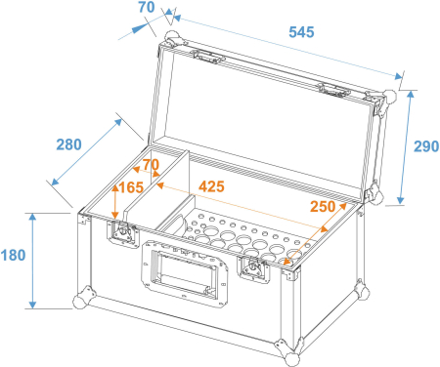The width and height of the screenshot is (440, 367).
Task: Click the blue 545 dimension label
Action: tap(300, 32)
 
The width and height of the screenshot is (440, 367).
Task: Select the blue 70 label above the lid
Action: tap(147, 9)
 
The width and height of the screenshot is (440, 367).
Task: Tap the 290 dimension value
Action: tap(425, 147)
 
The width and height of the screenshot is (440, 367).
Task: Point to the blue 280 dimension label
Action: tap(68, 145)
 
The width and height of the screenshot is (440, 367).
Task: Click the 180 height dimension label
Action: tap(14, 256)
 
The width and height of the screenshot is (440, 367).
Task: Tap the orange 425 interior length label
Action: tap(211, 183)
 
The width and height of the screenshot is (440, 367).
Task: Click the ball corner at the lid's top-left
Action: tap(172, 40)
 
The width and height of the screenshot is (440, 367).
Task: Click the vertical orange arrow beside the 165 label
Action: tap(116, 200)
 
